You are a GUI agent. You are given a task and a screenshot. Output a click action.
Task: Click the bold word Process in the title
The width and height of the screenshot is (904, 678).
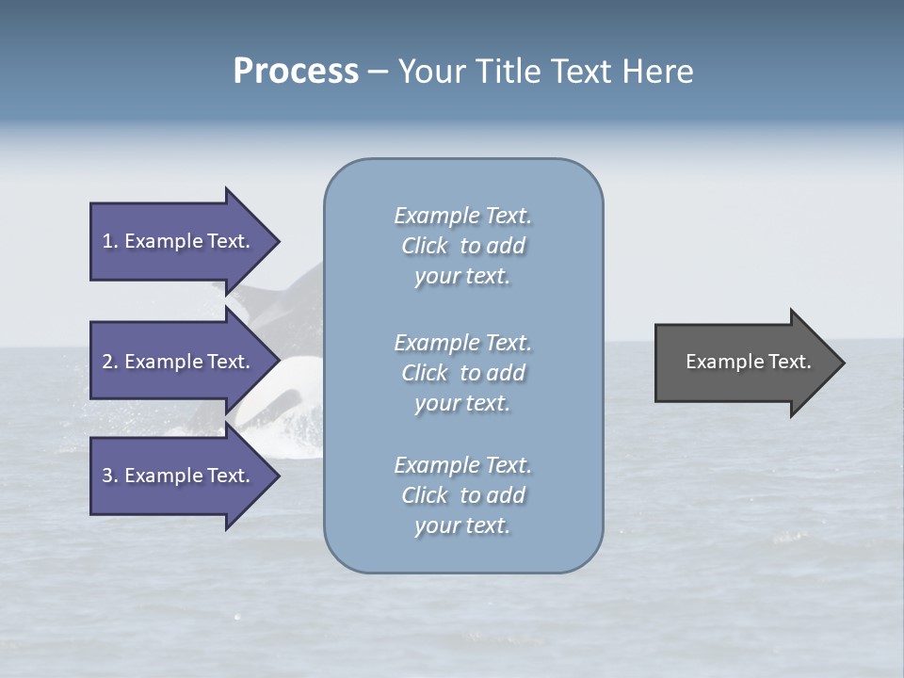pyautogui.click(x=296, y=72)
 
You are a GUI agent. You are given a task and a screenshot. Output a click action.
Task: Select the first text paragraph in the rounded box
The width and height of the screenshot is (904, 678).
pyautogui.click(x=462, y=246)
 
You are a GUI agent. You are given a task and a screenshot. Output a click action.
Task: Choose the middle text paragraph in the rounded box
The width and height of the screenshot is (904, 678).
pyautogui.click(x=462, y=373)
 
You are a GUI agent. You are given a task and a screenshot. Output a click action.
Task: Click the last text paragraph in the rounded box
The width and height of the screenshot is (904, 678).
pyautogui.click(x=462, y=495)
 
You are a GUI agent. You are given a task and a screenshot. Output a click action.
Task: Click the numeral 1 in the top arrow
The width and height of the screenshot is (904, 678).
pyautogui.click(x=107, y=241)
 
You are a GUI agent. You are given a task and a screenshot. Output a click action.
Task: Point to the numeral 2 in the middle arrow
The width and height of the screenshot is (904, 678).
pyautogui.click(x=107, y=362)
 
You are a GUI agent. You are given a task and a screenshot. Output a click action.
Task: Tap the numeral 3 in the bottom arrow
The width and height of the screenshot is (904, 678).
pyautogui.click(x=107, y=476)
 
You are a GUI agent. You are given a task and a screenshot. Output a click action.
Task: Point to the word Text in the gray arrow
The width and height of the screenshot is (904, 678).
pyautogui.click(x=789, y=362)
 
